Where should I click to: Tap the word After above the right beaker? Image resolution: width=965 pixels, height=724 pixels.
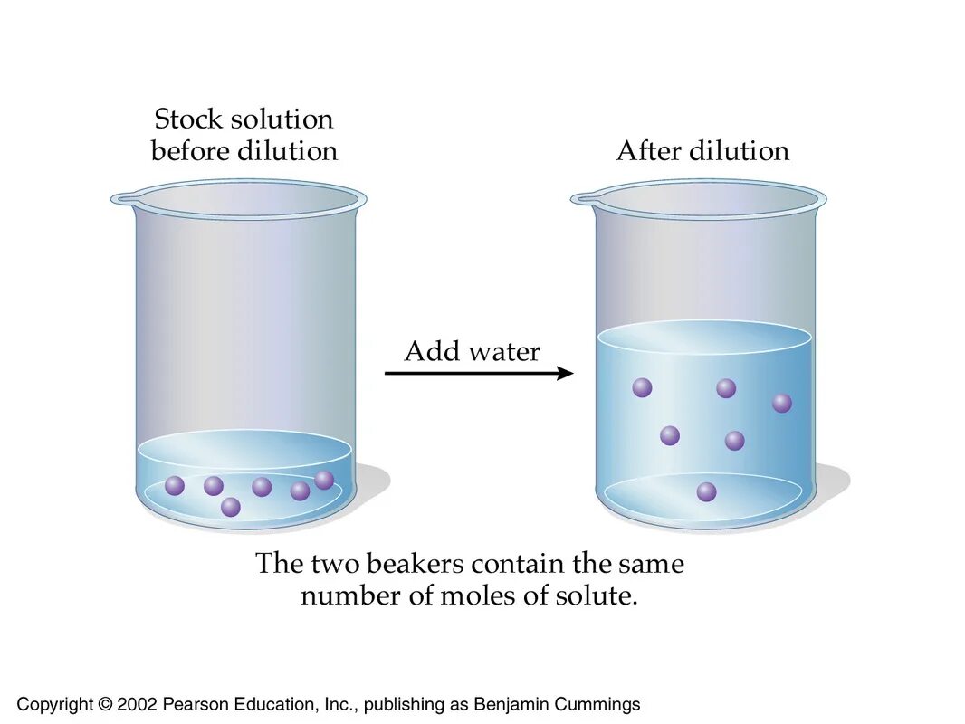tap(645, 151)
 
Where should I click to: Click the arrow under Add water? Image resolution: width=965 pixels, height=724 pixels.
tap(479, 373)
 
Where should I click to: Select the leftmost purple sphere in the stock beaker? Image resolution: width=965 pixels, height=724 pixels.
tap(175, 486)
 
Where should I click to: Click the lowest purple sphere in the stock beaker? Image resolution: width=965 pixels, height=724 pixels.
tap(231, 507)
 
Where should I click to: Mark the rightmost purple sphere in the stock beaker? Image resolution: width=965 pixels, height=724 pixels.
tap(324, 480)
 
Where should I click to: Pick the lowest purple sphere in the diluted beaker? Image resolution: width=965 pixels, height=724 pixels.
tap(707, 491)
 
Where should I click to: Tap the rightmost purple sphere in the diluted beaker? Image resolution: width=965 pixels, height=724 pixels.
tap(782, 403)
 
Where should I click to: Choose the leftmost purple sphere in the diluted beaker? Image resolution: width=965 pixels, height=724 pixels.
tap(642, 387)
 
